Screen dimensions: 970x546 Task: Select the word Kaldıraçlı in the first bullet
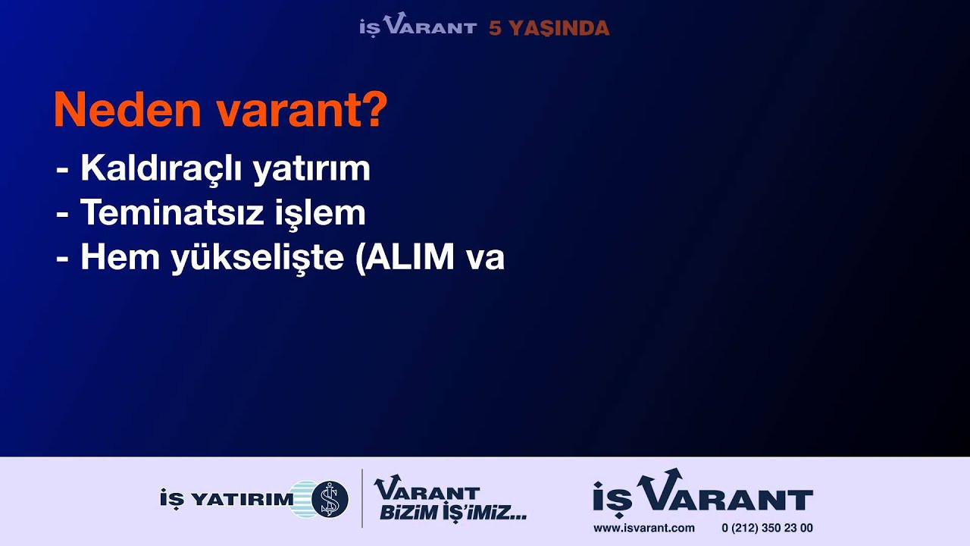click(x=161, y=168)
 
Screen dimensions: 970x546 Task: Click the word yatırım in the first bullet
click(x=311, y=169)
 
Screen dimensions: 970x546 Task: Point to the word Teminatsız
click(x=172, y=212)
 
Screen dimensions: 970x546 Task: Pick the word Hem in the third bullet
click(x=120, y=257)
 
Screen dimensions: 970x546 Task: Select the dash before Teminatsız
click(x=62, y=215)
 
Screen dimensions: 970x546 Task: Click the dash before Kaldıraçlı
click(x=62, y=169)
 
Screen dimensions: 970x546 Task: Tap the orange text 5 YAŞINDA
click(x=549, y=29)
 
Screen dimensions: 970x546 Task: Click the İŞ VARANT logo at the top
click(x=418, y=24)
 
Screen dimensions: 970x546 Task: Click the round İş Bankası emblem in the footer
click(x=330, y=499)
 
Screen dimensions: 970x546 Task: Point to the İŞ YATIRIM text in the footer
click(x=227, y=500)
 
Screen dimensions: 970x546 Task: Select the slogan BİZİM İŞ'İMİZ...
click(x=453, y=513)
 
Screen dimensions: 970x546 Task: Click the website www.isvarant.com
click(x=644, y=529)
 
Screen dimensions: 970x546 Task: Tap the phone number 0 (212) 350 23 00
click(x=767, y=529)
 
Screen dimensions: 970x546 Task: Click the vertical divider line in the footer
click(x=362, y=498)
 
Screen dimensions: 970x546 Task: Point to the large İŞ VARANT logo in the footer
click(x=702, y=493)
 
